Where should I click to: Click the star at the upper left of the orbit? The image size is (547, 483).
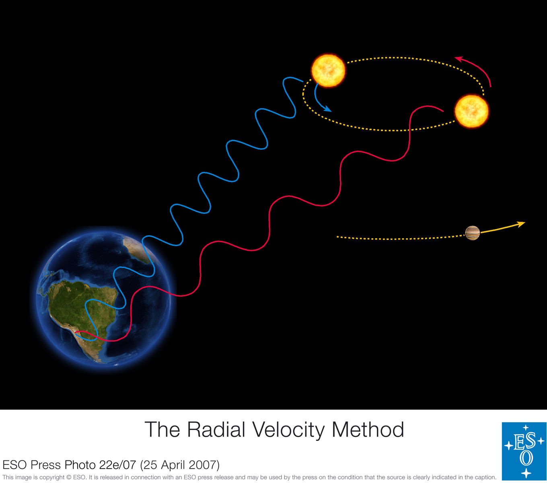328,70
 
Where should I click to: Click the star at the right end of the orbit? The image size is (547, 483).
471,111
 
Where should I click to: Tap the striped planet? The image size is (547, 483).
473,233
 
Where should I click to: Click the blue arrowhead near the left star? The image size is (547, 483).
328,109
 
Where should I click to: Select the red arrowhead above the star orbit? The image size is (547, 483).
459,59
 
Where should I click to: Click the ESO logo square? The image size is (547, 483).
524,451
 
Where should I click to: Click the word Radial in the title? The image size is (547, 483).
216,429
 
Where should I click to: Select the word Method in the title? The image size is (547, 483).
368,429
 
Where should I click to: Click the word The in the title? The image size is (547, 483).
162,429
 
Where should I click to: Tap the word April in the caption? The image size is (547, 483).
173,465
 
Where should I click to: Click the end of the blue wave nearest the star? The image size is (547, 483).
303,81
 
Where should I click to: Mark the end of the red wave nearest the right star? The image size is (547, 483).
443,111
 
